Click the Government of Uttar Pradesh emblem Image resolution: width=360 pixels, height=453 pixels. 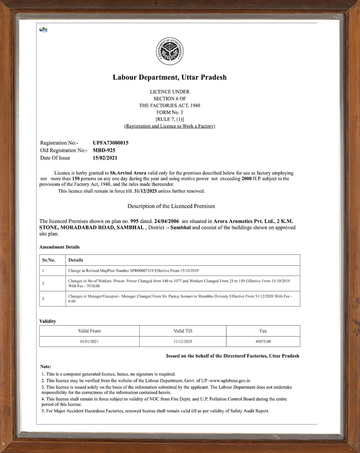pos(170,51)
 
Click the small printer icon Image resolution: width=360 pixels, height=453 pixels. pos(43,28)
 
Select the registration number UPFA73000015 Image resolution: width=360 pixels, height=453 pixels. pos(111,143)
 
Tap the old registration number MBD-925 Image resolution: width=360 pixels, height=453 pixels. pos(104,150)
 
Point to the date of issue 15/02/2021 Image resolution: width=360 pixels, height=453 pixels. pos(105,158)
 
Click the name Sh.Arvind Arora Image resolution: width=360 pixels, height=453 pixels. pos(128,173)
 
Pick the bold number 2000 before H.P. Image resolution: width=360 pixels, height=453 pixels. pos(246,178)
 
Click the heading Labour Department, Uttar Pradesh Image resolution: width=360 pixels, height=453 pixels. pos(170,77)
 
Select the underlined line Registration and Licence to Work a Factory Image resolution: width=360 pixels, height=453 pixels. pos(170,126)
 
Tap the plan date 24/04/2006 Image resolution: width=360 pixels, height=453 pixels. pos(166,221)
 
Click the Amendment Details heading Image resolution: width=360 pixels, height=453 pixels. pos(59,247)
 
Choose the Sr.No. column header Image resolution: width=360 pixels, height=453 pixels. pos(49,260)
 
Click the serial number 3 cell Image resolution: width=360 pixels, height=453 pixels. pos(43,299)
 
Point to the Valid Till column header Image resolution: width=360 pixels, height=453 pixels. pos(183,331)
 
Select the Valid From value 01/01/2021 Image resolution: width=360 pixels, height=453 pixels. pos(89,342)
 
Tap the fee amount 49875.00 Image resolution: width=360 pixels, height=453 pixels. pos(263,342)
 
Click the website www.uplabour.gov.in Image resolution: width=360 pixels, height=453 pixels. pos(230,380)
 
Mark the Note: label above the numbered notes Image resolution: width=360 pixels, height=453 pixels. pos(46,367)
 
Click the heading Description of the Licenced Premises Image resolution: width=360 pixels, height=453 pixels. pos(171,206)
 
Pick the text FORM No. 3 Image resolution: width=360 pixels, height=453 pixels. pos(170,112)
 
